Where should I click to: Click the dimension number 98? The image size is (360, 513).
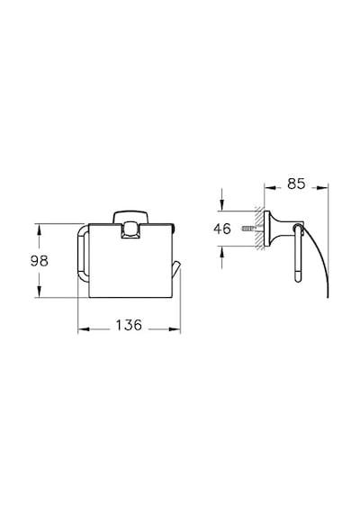[x=40, y=261]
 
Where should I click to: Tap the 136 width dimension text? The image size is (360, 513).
[x=129, y=325]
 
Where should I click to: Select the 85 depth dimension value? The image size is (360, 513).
[x=296, y=184]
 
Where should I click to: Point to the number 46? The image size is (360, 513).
[x=222, y=229]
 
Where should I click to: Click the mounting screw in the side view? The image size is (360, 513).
[x=249, y=229]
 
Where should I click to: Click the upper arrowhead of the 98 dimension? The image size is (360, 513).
[x=39, y=229]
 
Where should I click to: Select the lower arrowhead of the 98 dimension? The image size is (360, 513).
[x=39, y=292]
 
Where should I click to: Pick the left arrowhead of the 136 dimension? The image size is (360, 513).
[x=84, y=329]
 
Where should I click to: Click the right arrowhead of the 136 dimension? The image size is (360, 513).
[x=175, y=329]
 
